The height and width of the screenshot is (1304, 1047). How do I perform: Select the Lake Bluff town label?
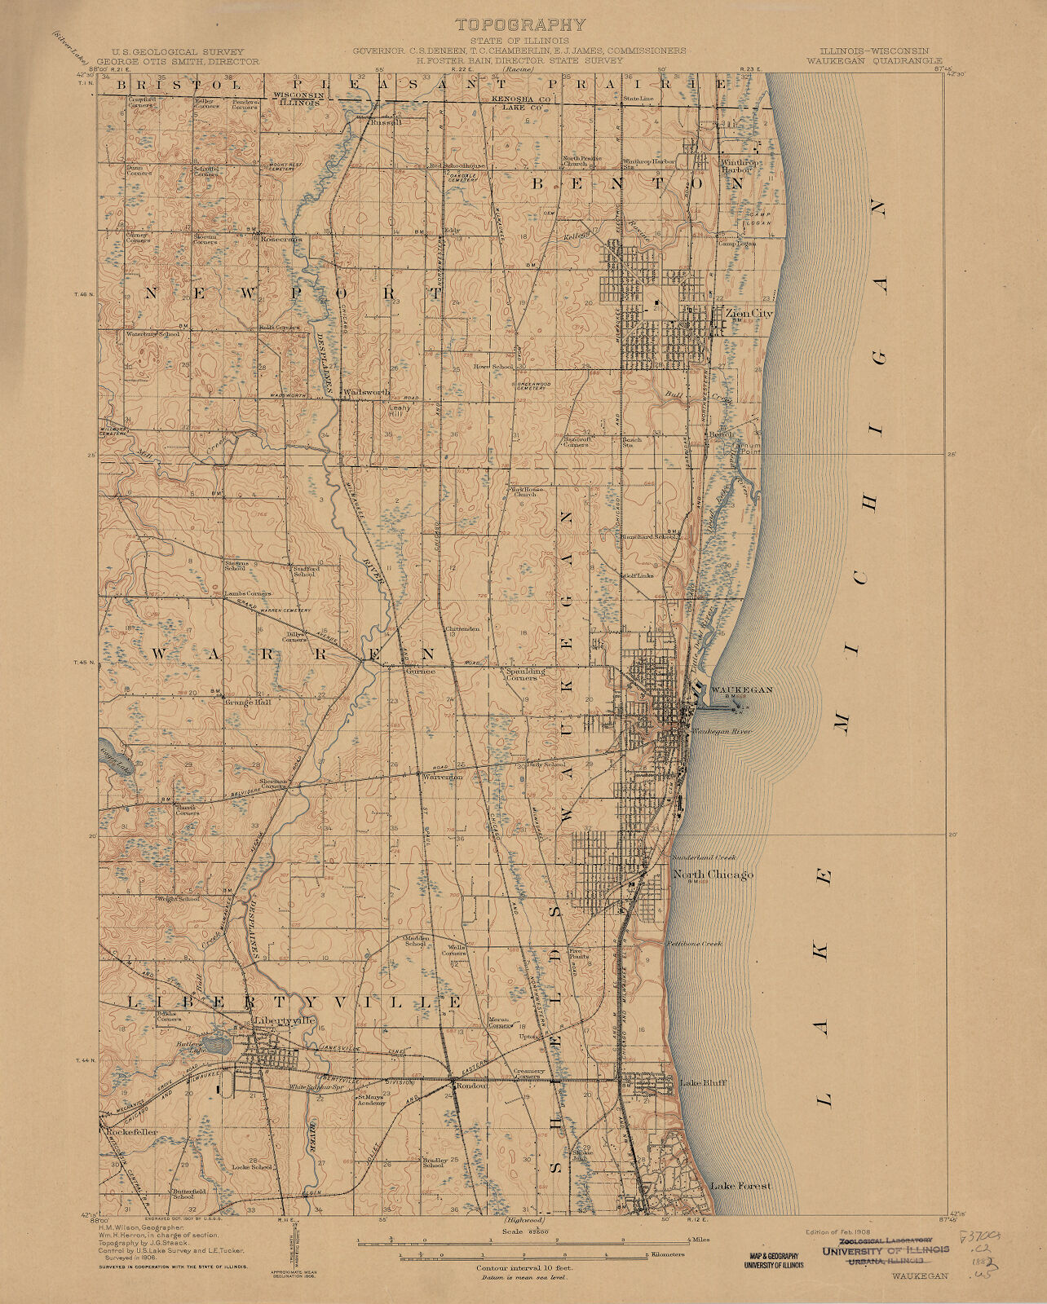(702, 1083)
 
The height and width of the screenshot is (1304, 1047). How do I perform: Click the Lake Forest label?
(740, 1187)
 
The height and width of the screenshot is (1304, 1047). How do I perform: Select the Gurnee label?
(421, 671)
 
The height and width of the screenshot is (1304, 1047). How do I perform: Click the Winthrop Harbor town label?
(740, 166)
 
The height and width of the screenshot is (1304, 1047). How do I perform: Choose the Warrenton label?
(442, 778)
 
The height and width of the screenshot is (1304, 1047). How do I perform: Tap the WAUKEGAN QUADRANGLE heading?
(874, 60)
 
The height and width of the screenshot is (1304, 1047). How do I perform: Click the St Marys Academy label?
(369, 1099)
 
